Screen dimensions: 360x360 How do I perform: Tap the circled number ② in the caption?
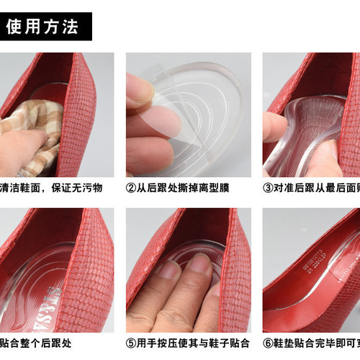click(x=131, y=188)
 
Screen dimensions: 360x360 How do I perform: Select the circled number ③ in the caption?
click(x=268, y=188)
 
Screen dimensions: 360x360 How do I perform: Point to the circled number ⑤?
click(x=131, y=343)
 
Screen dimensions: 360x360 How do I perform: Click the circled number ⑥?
click(x=268, y=343)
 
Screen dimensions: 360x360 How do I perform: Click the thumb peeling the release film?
click(x=140, y=90)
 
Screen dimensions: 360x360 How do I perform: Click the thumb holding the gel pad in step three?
click(x=274, y=128)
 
